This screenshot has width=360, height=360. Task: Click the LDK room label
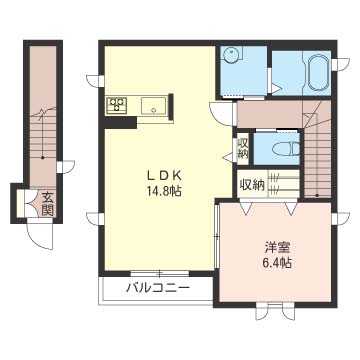click(164, 176)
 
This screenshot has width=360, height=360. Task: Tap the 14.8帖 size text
click(164, 191)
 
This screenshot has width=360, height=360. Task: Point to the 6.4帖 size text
click(277, 263)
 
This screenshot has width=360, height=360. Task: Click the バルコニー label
click(158, 287)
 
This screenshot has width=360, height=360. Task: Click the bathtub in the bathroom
click(319, 72)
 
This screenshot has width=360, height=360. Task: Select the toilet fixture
click(286, 149)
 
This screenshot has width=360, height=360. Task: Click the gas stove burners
click(116, 104)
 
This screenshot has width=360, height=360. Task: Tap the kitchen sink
click(154, 105)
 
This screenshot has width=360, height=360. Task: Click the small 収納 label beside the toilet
click(243, 148)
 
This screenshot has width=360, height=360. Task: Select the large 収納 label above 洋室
click(252, 185)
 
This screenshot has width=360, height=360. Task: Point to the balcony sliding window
click(160, 274)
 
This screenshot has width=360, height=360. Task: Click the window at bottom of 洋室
click(275, 311)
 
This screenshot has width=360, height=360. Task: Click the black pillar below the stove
click(120, 123)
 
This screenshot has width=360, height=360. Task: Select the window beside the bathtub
click(340, 64)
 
